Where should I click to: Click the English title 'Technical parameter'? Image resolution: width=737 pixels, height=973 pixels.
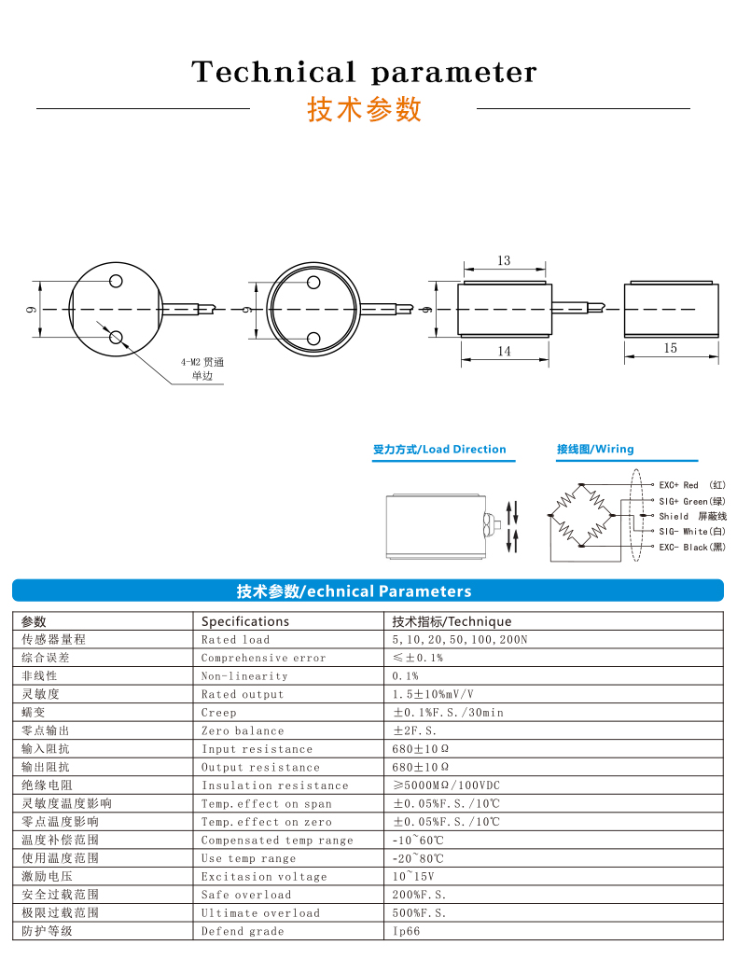[364, 72]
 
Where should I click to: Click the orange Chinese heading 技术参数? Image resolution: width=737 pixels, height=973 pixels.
[365, 110]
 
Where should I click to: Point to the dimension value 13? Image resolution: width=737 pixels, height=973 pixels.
[504, 260]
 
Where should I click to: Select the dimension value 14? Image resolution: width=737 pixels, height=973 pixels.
[504, 351]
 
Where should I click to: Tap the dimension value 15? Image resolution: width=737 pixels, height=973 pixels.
[671, 348]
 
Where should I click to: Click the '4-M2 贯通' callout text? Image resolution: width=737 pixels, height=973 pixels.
[203, 361]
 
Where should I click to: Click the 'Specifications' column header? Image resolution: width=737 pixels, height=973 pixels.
[245, 621]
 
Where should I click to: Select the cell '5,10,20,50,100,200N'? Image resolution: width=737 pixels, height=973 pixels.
[460, 640]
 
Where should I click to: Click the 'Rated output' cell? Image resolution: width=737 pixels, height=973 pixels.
[243, 695]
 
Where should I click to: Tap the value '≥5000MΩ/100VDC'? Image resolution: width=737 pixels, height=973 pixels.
[448, 785]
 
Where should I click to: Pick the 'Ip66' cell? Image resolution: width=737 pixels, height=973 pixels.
[407, 931]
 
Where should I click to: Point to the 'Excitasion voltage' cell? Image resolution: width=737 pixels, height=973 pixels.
[264, 877]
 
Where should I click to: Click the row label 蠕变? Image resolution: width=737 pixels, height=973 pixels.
[34, 713]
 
